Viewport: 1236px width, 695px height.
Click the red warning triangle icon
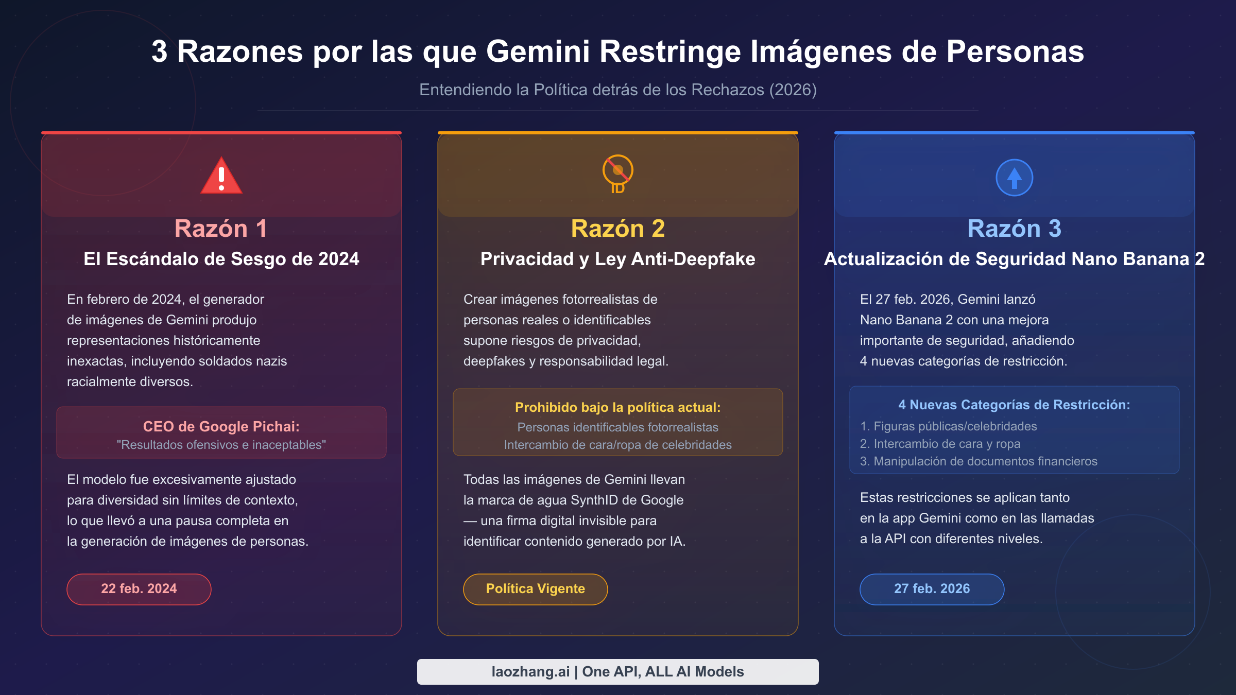tap(221, 177)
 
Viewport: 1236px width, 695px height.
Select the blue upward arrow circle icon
tap(1014, 178)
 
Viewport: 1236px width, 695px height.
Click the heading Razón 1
tap(221, 229)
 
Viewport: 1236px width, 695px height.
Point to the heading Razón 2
tap(617, 229)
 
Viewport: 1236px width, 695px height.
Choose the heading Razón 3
tap(1014, 229)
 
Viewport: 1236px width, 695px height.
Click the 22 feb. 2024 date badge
tap(139, 589)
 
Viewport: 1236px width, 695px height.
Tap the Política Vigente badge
tap(536, 589)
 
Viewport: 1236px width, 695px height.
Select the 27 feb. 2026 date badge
tap(932, 589)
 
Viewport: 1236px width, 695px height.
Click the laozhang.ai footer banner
tap(617, 672)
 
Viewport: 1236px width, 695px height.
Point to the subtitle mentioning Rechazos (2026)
tap(617, 90)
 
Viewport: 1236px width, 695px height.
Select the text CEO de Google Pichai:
tap(221, 426)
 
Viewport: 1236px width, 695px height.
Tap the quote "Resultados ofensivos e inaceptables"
tap(221, 445)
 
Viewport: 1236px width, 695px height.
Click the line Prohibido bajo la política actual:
tap(617, 407)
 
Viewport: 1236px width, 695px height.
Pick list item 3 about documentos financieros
tap(978, 461)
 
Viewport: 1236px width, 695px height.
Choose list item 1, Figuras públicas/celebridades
tap(948, 426)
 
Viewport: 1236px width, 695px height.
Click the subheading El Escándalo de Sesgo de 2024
tap(221, 259)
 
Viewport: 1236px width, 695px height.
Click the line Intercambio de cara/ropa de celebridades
tap(617, 445)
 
